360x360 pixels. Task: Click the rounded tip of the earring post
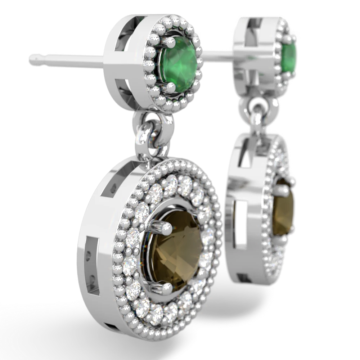click(32, 58)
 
